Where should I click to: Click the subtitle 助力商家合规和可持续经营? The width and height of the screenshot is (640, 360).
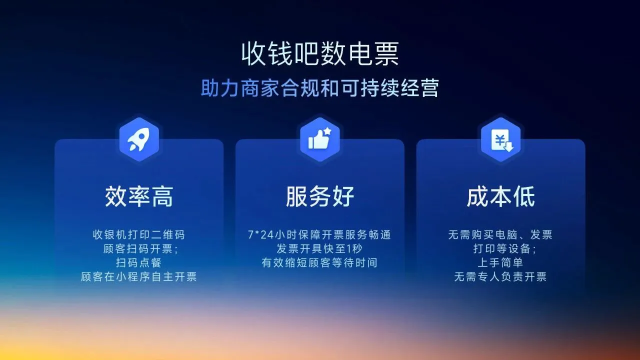point(320,88)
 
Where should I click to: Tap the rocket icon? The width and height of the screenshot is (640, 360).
point(138,139)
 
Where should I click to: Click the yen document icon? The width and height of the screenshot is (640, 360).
point(500,139)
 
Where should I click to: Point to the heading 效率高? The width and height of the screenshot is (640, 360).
point(138,196)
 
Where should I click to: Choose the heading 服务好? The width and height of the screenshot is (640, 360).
point(320,196)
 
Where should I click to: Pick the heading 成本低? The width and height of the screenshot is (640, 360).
point(500,196)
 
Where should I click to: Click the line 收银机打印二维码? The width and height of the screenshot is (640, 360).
point(138,234)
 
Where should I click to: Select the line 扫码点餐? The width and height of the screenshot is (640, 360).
point(138,262)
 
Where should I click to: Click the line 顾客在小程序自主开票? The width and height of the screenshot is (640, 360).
point(138,276)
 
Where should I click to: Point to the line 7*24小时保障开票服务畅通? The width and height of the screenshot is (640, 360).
point(319,234)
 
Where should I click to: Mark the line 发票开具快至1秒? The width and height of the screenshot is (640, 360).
point(319,248)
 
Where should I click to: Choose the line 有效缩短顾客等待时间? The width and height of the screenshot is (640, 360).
point(319,262)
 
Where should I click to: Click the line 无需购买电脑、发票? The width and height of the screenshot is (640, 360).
point(500,234)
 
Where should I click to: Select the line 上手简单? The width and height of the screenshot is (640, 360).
point(500,262)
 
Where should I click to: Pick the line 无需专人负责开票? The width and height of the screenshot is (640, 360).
point(500,276)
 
